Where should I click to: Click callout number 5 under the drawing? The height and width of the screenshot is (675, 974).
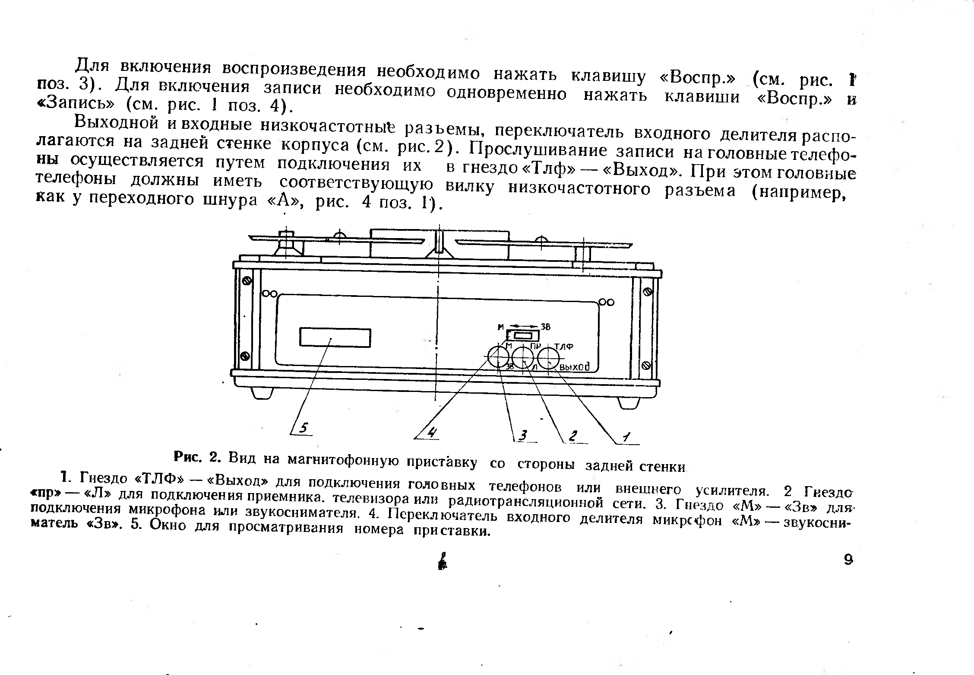[304, 428]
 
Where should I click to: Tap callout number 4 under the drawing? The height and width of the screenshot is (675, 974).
[432, 432]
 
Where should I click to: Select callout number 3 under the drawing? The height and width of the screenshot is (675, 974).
[523, 435]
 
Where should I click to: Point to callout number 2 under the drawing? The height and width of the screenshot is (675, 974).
[573, 436]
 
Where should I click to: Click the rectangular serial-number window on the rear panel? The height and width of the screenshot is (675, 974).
[335, 337]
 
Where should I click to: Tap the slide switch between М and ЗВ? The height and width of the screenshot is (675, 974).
[523, 336]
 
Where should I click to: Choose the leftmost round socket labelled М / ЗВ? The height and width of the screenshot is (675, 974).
[499, 357]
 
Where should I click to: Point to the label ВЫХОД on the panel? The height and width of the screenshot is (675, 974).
[574, 366]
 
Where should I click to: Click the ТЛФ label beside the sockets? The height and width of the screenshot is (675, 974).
[563, 347]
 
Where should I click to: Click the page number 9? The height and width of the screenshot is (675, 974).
[848, 560]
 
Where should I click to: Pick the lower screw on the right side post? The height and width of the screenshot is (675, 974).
[646, 366]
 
